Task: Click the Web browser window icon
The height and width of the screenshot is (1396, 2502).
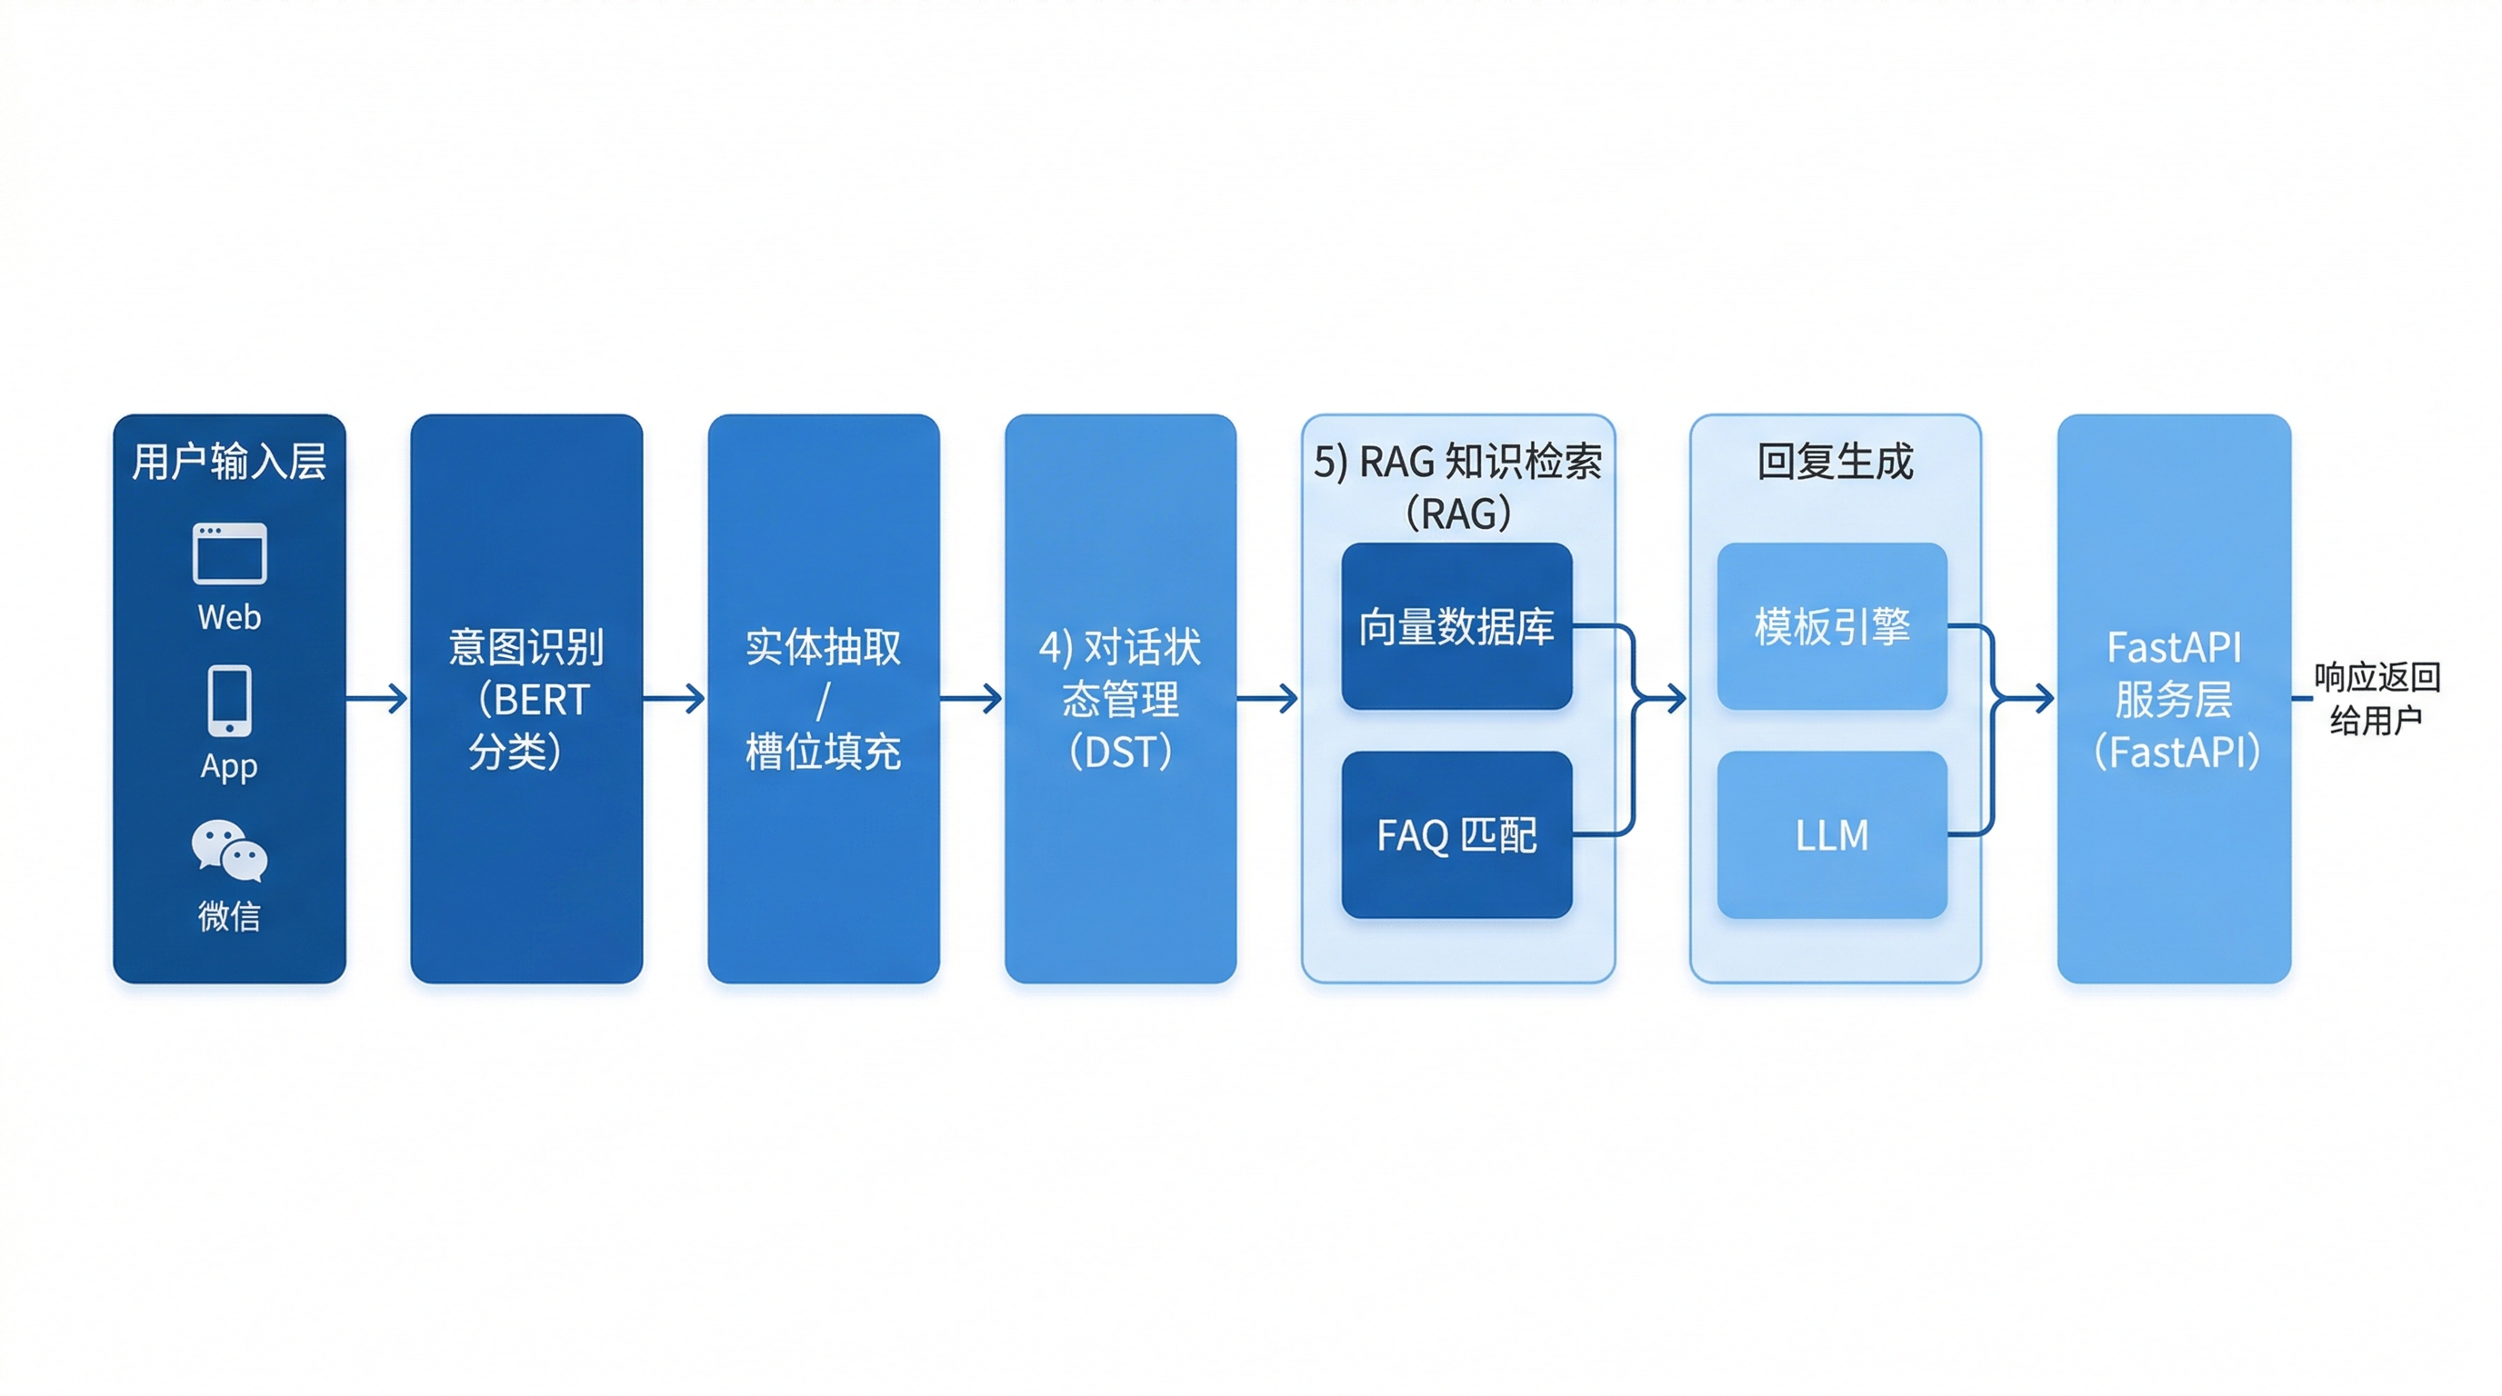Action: [x=229, y=553]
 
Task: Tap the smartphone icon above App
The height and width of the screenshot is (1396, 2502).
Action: [x=229, y=700]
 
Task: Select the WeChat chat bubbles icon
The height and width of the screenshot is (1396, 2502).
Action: [x=229, y=851]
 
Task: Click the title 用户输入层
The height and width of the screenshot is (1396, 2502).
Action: [x=229, y=461]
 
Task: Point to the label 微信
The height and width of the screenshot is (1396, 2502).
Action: [x=229, y=915]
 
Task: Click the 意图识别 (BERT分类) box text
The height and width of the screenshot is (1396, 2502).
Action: [x=526, y=699]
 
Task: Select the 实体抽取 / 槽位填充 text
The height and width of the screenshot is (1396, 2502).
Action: [x=823, y=699]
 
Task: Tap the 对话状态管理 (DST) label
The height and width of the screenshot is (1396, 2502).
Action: [x=1120, y=699]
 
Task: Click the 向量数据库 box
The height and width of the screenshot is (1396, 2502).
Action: [x=1456, y=626]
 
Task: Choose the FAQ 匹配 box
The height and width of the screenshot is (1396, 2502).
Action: [x=1456, y=835]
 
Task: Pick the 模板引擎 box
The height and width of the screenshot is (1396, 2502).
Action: [x=1832, y=626]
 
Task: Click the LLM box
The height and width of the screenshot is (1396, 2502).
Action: [x=1832, y=835]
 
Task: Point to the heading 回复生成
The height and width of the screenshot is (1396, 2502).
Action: [x=1835, y=461]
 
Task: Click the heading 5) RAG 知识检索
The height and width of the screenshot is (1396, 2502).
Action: [x=1456, y=462]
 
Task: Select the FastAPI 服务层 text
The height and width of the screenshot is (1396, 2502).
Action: [x=2174, y=699]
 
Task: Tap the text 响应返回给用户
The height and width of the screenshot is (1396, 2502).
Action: [x=2376, y=698]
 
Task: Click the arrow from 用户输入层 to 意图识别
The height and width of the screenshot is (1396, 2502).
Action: [x=377, y=698]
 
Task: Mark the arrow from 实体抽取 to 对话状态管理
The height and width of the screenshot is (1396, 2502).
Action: [x=971, y=698]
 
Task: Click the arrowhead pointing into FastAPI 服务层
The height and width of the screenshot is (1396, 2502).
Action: [x=2044, y=698]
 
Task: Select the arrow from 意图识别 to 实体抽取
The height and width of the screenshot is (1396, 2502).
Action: [x=674, y=698]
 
